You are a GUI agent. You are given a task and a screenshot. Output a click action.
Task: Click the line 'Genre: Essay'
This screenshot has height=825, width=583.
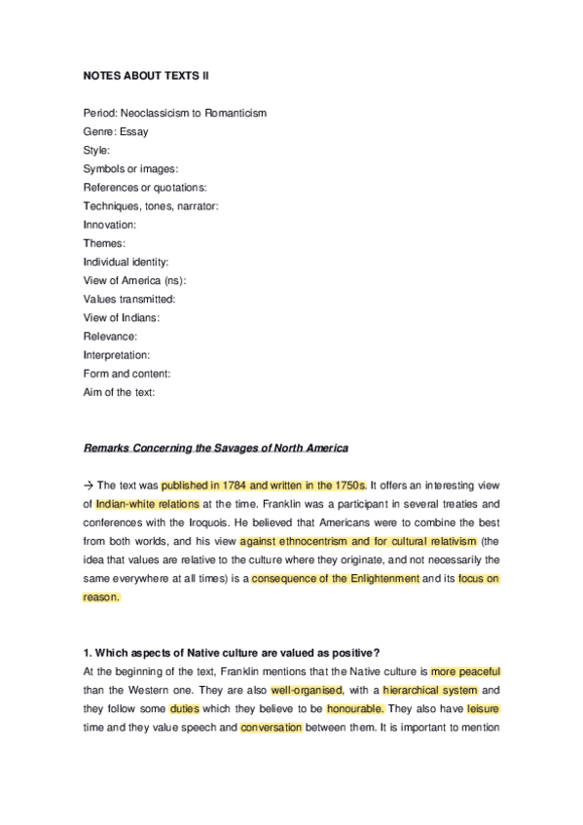116,131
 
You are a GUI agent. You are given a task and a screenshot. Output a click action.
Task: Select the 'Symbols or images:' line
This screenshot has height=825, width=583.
130,168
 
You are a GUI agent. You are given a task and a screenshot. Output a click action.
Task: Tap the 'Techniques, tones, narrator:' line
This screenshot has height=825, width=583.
151,205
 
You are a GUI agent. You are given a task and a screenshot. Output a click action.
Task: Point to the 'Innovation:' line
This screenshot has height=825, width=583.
110,225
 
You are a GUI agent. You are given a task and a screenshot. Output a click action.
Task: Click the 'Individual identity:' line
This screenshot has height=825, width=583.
127,262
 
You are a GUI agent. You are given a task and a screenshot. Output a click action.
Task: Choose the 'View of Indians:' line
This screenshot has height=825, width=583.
122,318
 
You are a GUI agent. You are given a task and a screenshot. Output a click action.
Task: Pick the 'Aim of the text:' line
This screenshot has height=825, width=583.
120,392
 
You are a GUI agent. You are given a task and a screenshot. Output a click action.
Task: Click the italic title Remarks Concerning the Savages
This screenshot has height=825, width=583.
215,448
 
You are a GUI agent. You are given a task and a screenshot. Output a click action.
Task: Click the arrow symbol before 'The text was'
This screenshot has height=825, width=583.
89,485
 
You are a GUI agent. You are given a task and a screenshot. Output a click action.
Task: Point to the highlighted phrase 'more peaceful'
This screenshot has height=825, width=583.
465,672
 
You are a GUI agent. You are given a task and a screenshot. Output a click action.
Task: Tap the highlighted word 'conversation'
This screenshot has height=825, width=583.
271,728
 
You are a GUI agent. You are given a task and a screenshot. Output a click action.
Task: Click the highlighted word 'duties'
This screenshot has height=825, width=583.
185,709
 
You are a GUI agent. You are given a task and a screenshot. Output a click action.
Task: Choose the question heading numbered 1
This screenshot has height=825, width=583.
238,653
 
